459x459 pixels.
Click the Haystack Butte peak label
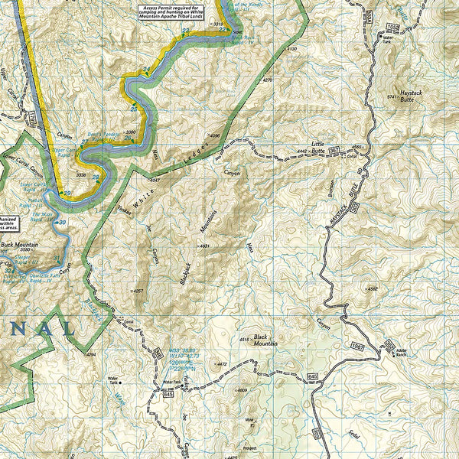click(411, 95)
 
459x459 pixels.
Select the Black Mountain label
click(262, 340)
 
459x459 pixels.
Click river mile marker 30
click(63, 223)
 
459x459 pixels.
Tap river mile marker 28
click(96, 177)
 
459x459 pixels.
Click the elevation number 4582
click(373, 289)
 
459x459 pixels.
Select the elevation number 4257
click(138, 291)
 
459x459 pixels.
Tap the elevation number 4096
click(214, 136)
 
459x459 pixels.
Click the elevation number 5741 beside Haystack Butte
click(393, 97)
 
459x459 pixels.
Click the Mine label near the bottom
click(249, 420)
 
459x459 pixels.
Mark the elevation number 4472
click(222, 364)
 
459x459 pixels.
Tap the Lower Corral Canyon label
click(19, 161)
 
